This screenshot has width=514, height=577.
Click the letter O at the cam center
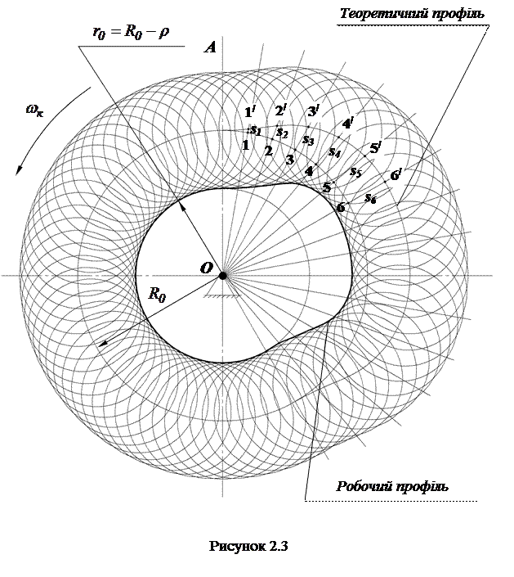click(x=207, y=267)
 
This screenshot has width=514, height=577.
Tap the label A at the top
click(x=210, y=47)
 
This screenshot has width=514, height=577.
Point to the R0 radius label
click(x=158, y=295)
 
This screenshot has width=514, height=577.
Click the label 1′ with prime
click(x=251, y=113)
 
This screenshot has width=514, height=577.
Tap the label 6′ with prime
click(x=396, y=174)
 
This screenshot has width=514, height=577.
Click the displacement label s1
click(x=256, y=129)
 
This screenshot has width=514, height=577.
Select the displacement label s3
click(x=308, y=140)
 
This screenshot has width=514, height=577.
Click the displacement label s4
click(x=334, y=151)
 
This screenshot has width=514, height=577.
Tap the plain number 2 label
click(x=268, y=151)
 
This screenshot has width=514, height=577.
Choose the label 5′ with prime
click(x=375, y=148)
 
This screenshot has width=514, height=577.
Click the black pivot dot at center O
click(x=222, y=275)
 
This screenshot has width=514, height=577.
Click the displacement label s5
click(x=355, y=172)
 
